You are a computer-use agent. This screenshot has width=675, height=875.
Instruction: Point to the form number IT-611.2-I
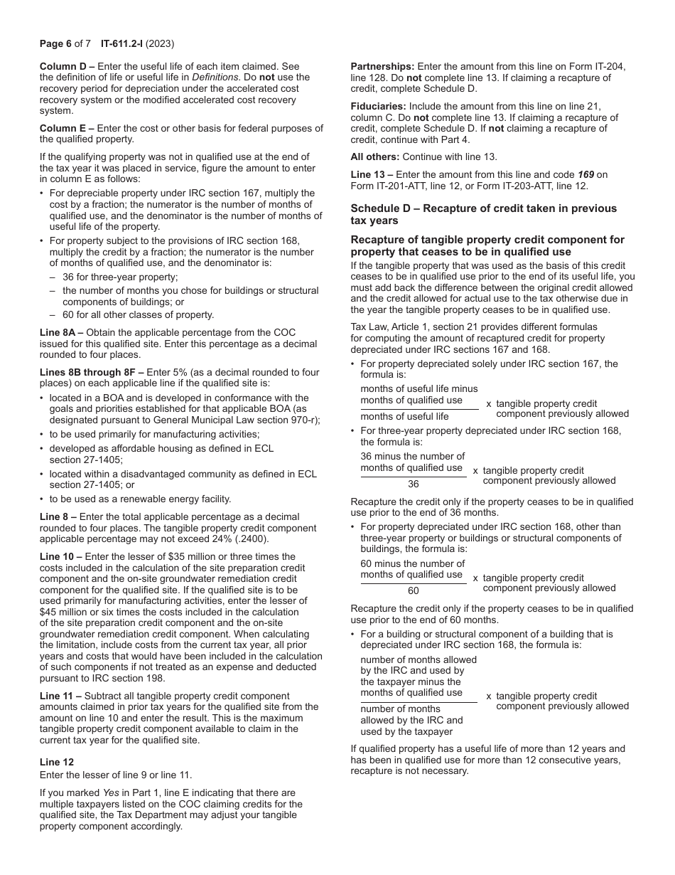(x=125, y=43)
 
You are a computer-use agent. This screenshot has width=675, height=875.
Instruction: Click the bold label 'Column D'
(x=63, y=66)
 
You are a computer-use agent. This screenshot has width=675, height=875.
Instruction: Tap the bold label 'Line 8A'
(x=60, y=333)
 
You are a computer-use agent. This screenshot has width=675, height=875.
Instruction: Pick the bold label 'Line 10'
(x=57, y=557)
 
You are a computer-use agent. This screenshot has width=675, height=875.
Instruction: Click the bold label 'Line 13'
(x=368, y=175)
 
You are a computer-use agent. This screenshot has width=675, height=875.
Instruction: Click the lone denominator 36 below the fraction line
(x=414, y=484)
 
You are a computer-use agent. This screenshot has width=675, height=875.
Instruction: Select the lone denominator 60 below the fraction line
(x=414, y=591)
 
